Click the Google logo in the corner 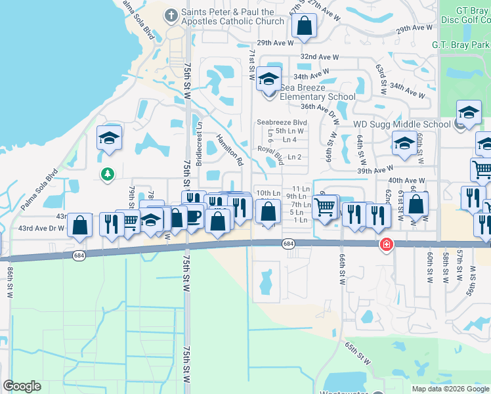tap(22, 386)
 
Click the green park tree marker tap(106, 174)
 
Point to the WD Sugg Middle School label tap(402, 124)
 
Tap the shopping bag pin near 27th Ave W tap(304, 26)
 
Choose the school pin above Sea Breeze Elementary tap(268, 79)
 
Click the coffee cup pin tap(192, 217)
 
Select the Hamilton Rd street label tap(230, 150)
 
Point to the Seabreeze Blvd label tap(282, 122)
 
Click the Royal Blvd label tap(270, 155)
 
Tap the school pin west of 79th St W tap(109, 138)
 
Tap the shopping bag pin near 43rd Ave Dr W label tap(79, 225)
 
